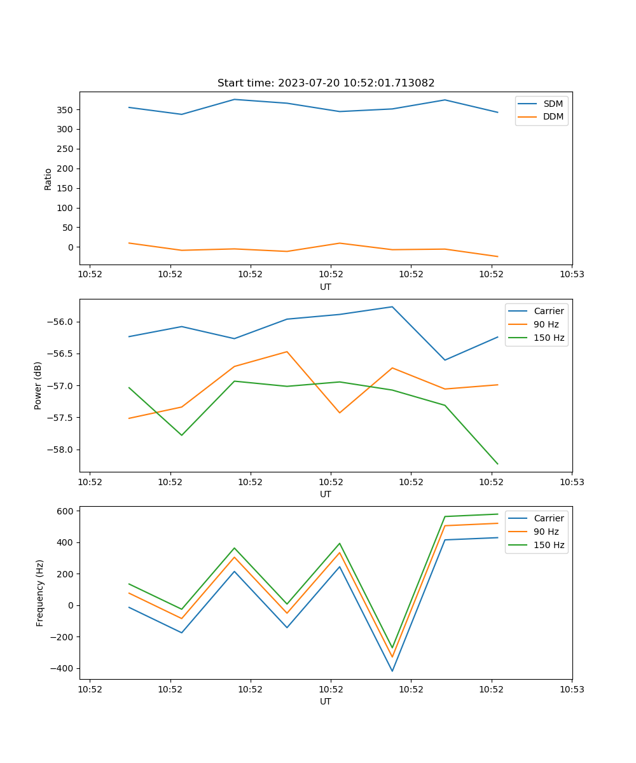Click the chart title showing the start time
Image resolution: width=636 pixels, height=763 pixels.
click(326, 83)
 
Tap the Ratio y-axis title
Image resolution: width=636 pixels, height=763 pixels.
click(48, 179)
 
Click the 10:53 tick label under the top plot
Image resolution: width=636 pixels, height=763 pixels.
click(572, 275)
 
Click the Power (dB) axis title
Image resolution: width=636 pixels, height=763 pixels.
click(38, 385)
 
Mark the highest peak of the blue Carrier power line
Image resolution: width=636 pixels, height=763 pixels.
click(392, 307)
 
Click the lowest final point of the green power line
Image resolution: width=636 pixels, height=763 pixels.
click(497, 464)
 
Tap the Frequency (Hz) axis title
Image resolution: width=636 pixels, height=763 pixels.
click(40, 593)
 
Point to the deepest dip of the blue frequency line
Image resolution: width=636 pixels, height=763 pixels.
click(392, 671)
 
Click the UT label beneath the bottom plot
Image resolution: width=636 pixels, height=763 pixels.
click(326, 702)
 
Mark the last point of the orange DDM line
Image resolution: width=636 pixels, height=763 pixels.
click(497, 257)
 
